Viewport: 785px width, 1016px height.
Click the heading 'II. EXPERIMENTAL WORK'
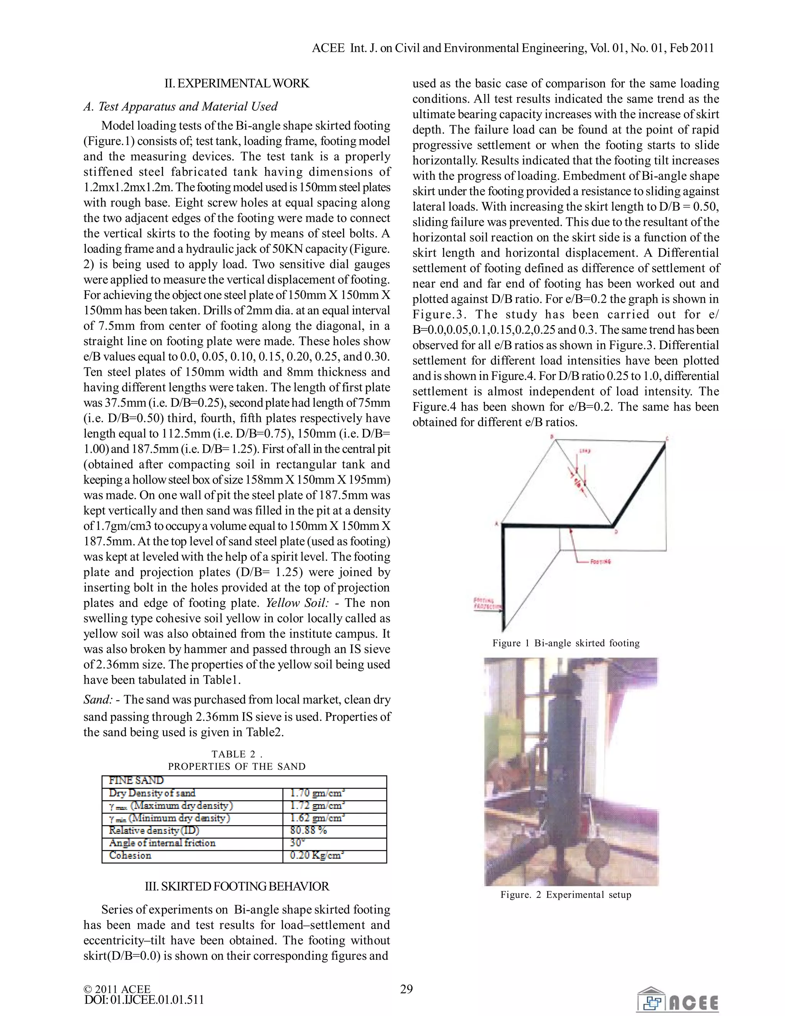[x=237, y=83]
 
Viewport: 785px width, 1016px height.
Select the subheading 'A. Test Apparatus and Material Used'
[x=181, y=107]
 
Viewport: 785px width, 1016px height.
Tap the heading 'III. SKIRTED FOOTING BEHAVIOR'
[x=237, y=886]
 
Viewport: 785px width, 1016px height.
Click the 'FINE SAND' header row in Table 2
[x=136, y=780]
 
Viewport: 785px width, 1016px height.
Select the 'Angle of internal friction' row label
[x=162, y=843]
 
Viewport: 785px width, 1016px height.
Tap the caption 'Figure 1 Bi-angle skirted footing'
[x=566, y=643]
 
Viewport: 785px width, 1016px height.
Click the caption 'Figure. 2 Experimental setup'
[x=566, y=894]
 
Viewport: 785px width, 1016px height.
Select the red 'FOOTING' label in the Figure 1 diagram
[x=600, y=562]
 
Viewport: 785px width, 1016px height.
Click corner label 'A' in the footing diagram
[x=497, y=524]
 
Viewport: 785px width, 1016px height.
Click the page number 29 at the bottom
[x=406, y=989]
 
